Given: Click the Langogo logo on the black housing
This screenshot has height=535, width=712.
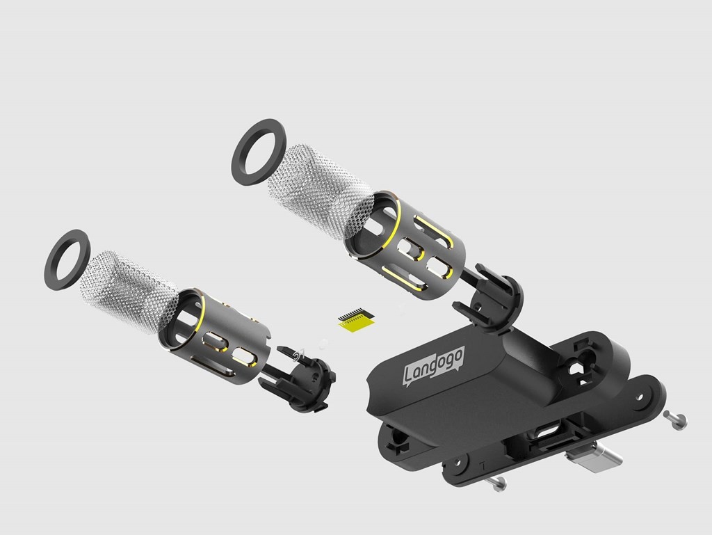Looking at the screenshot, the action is (x=434, y=366).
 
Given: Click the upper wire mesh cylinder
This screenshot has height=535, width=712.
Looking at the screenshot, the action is (x=320, y=191).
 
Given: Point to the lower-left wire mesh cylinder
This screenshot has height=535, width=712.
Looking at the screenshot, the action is (x=129, y=291).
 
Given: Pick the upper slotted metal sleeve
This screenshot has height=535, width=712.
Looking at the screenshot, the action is (x=405, y=246).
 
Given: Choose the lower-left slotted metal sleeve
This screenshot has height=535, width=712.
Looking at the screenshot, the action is (x=213, y=335).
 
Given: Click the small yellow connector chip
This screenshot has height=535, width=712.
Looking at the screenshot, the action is (x=356, y=319).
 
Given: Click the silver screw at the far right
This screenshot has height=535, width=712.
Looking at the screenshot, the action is (x=675, y=420).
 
